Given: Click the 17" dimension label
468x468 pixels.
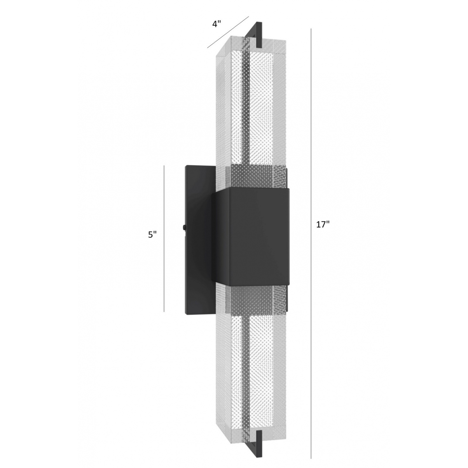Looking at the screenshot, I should click(x=323, y=224).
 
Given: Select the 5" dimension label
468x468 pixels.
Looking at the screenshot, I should click(x=152, y=234).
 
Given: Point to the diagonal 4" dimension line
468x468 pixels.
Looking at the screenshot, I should click(x=228, y=32).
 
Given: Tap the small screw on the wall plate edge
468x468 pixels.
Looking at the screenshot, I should click(x=183, y=227).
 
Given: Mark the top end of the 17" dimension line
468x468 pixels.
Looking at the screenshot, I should click(x=311, y=29).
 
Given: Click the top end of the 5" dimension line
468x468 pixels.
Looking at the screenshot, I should click(x=164, y=166).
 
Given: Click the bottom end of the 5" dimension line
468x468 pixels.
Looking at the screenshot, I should click(x=164, y=312).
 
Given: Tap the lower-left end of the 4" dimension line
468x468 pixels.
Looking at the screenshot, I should click(x=207, y=47).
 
